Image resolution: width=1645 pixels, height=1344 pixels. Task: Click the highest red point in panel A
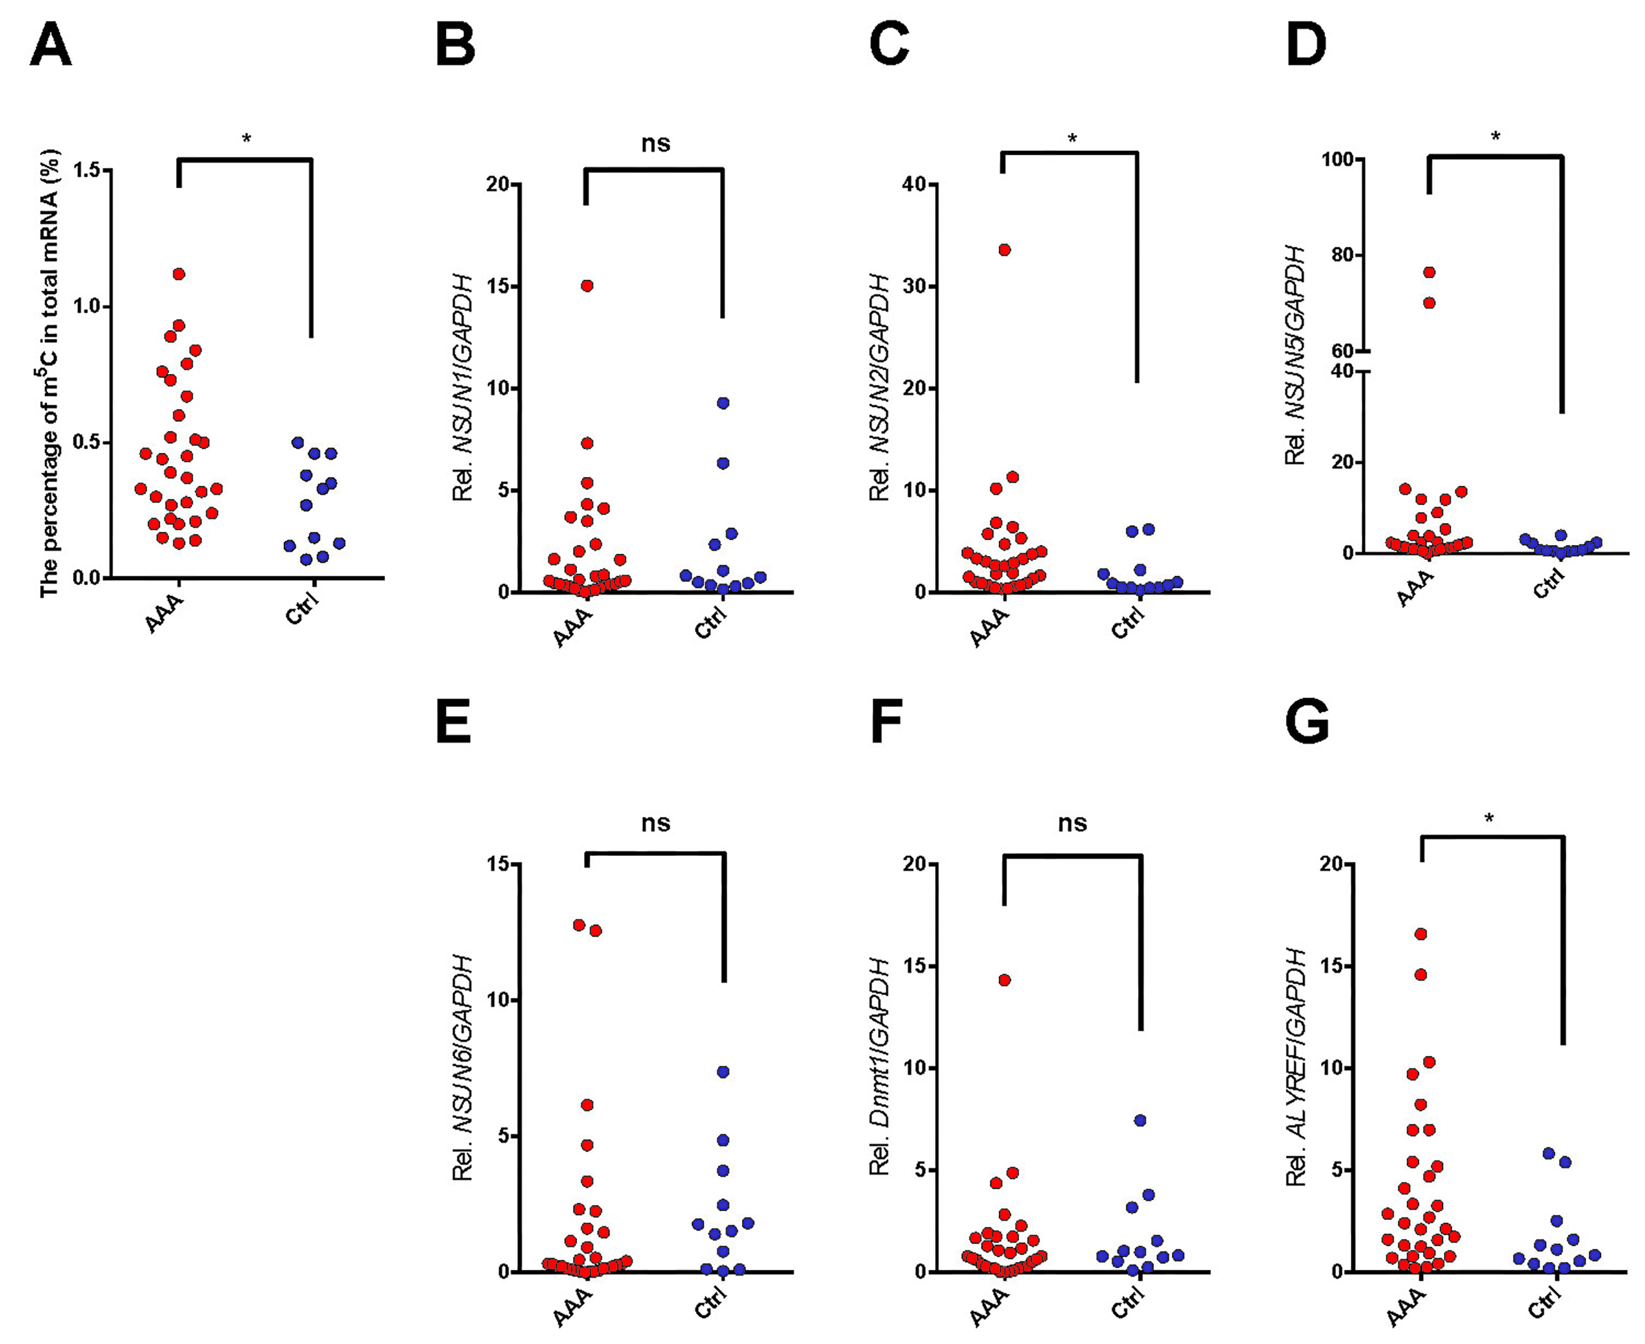[x=179, y=274]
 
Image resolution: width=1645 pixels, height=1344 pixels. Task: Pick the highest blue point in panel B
[x=723, y=403]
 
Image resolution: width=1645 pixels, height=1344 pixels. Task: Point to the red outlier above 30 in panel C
[x=1004, y=249]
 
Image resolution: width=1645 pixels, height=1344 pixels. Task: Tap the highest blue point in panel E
[x=723, y=1071]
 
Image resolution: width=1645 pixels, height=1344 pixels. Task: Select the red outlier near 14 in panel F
[x=1004, y=980]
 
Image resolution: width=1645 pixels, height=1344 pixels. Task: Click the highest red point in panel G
[x=1421, y=934]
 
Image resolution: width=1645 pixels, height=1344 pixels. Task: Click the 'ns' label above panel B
[x=655, y=143]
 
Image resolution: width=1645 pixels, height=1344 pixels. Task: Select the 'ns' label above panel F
[x=1072, y=823]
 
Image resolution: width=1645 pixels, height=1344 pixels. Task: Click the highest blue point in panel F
[x=1139, y=1120]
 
